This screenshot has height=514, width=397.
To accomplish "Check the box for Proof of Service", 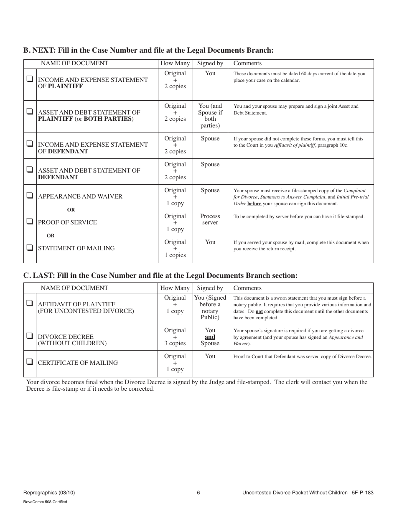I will [x=30, y=221].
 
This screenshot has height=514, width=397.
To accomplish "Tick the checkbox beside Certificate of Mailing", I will [x=30, y=362].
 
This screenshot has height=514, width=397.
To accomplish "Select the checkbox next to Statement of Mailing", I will [x=30, y=247].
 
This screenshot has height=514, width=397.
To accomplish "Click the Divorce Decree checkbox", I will [x=30, y=336].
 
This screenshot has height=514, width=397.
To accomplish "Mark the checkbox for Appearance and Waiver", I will [x=30, y=195].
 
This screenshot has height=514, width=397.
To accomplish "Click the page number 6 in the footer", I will [x=198, y=493].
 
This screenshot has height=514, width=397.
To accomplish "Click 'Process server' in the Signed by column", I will [x=210, y=219].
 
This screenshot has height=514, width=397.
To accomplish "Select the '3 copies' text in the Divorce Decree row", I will [x=175, y=344].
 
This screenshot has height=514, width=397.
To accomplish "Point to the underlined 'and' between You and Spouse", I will [x=210, y=337].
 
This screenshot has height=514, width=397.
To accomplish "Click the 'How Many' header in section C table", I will [x=175, y=288].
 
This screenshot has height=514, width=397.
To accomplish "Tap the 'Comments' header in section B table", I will [x=247, y=64].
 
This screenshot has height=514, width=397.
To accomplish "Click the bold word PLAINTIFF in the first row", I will [x=65, y=87].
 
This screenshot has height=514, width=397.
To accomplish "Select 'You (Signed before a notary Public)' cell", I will [x=210, y=308].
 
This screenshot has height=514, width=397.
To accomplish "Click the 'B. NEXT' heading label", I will [x=38, y=51].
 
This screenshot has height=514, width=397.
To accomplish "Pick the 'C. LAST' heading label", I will [x=38, y=275].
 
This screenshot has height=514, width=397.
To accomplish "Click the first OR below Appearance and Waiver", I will [x=71, y=210].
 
